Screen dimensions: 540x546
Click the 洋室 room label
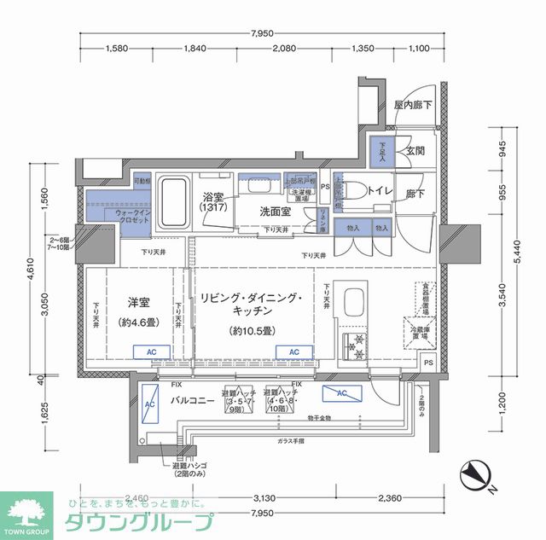(x=138, y=302)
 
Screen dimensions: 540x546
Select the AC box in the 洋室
(x=151, y=351)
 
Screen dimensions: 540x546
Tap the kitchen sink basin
(x=352, y=303)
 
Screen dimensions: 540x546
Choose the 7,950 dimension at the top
(x=262, y=33)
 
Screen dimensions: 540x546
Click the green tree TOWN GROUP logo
(x=27, y=512)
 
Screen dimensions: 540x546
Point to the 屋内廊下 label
(x=412, y=105)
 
